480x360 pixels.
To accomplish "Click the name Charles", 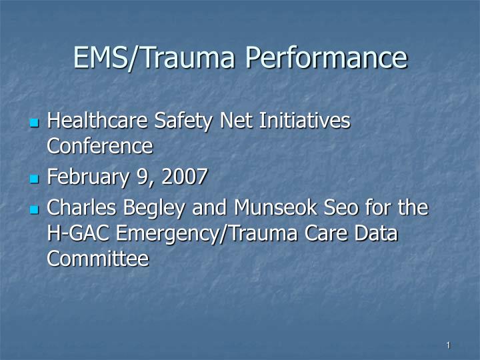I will [x=78, y=208].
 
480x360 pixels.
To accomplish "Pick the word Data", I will [x=376, y=233].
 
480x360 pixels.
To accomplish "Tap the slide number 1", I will [x=449, y=345].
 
